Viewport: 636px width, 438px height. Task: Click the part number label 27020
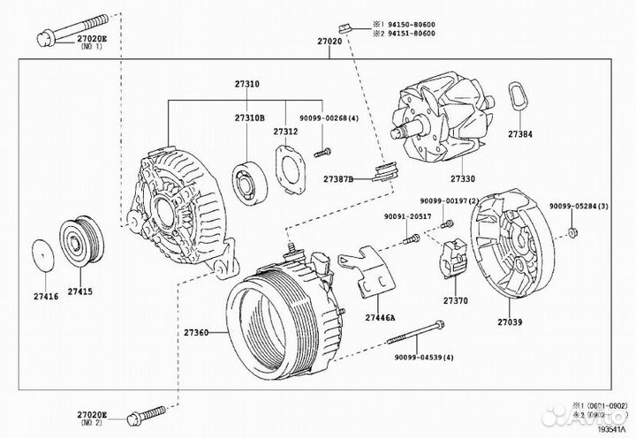pos(329,41)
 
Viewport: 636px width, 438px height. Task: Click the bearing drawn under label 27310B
pos(250,180)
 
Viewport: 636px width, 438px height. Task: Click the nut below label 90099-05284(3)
pos(572,232)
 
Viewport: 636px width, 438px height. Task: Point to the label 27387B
pos(337,179)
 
